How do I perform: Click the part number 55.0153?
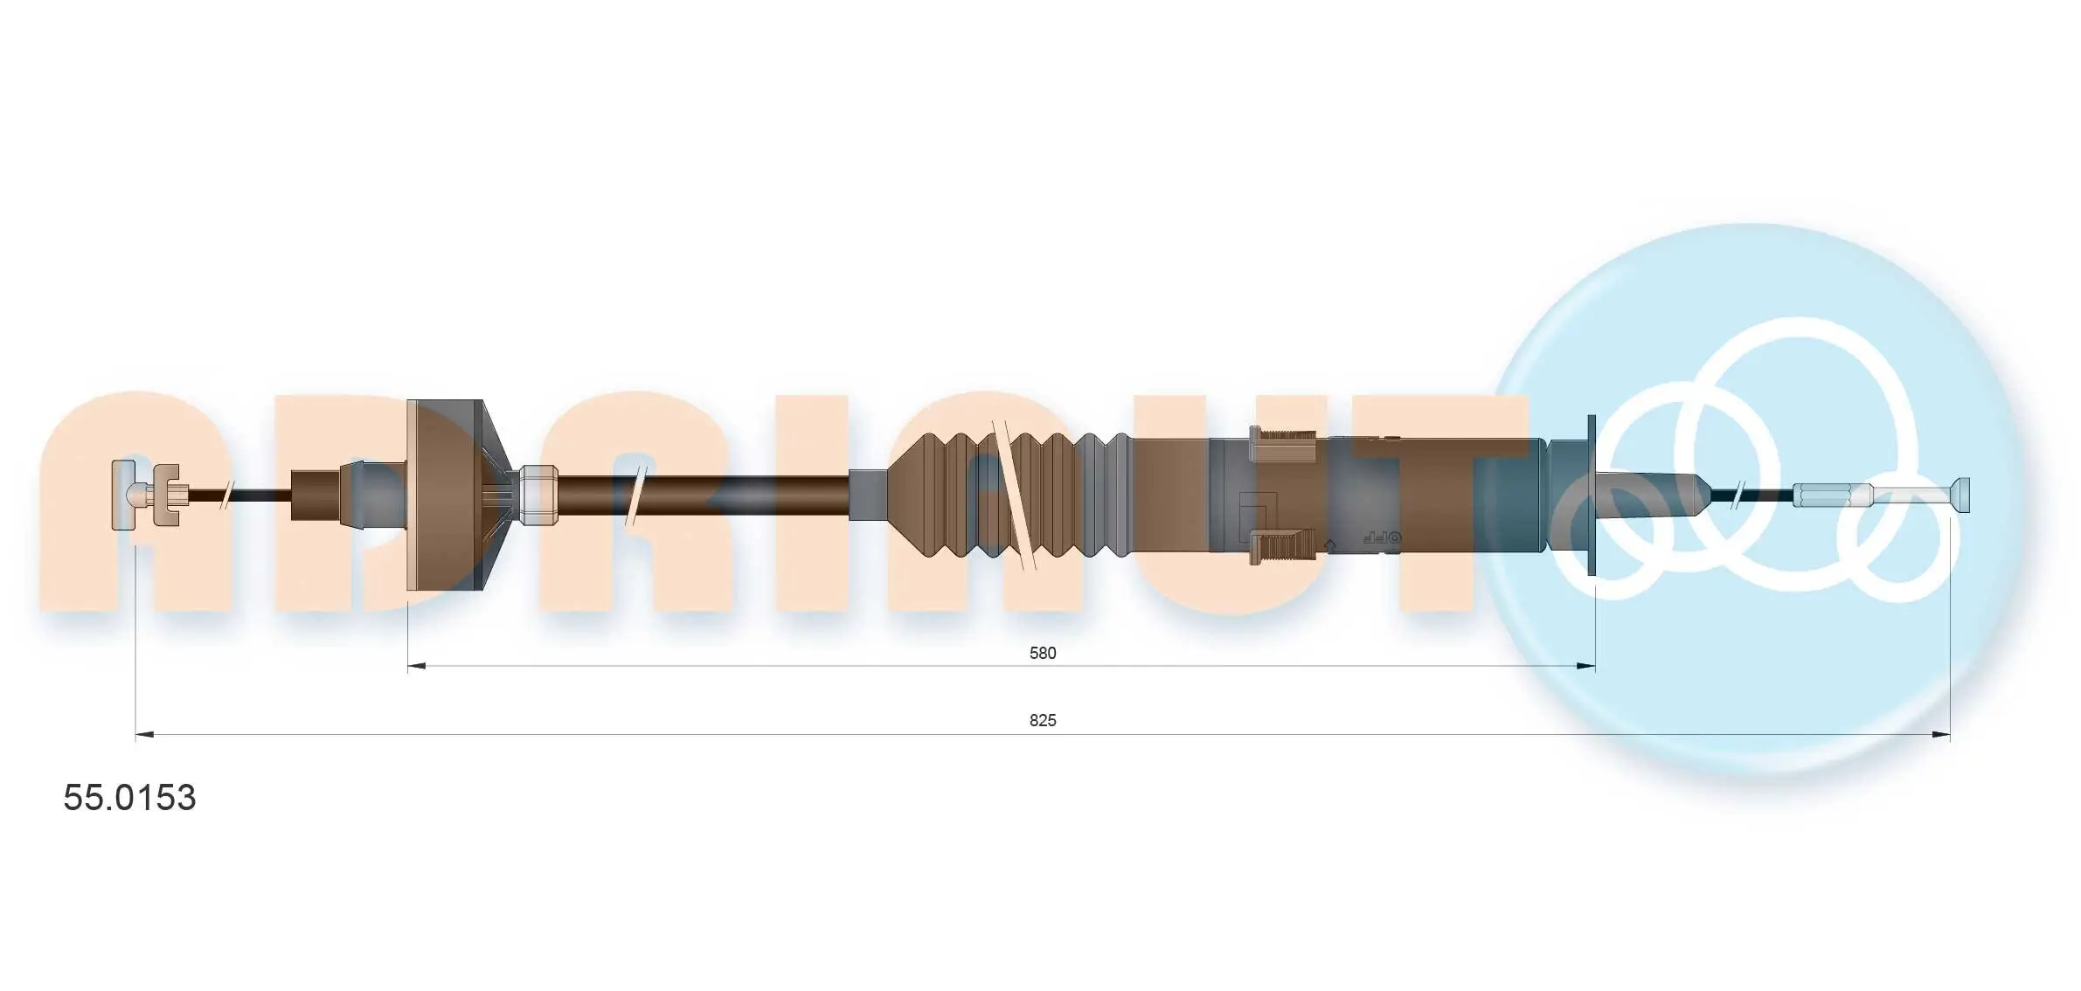[129, 797]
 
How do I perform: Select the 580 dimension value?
[1043, 653]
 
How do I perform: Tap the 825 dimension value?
[1043, 720]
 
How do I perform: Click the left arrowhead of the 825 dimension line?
[145, 735]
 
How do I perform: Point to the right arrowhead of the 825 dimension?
[1940, 735]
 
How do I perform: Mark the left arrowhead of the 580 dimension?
[417, 666]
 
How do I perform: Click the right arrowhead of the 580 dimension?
[1585, 666]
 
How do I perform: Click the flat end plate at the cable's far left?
[124, 495]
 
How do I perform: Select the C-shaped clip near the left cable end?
[166, 495]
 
